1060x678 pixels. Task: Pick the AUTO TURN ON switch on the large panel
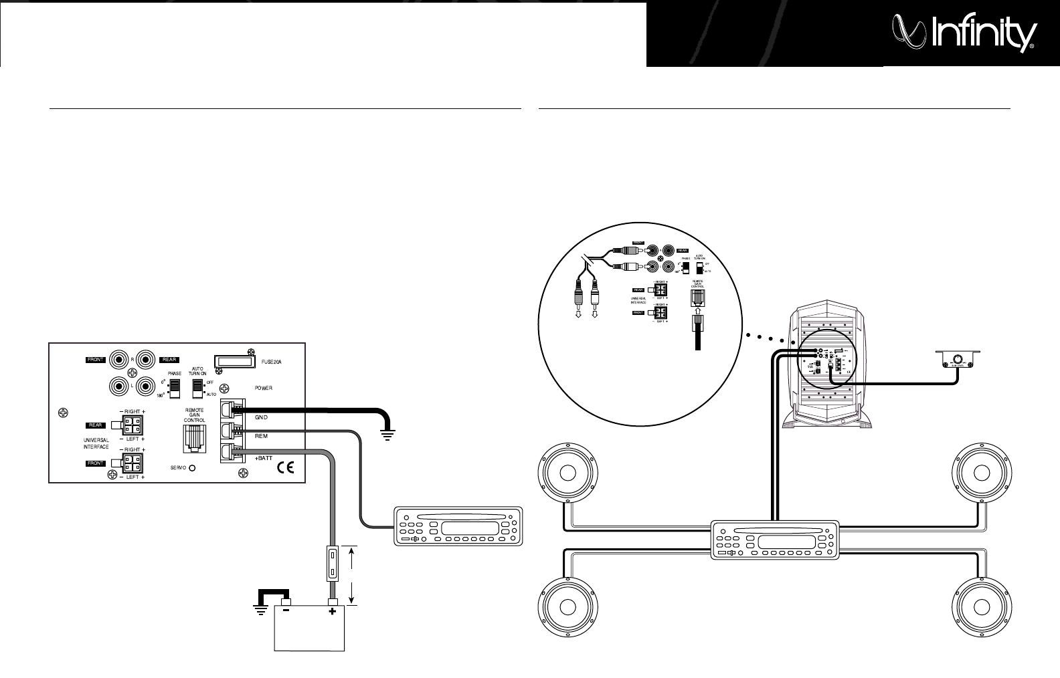[197, 387]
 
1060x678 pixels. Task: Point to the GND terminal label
[261, 417]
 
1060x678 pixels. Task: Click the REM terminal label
[261, 435]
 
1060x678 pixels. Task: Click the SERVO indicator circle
[192, 468]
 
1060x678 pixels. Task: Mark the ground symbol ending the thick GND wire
[387, 435]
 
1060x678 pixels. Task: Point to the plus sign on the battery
[332, 611]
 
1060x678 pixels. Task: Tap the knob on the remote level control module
[958, 359]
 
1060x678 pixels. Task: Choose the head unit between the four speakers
[774, 540]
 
